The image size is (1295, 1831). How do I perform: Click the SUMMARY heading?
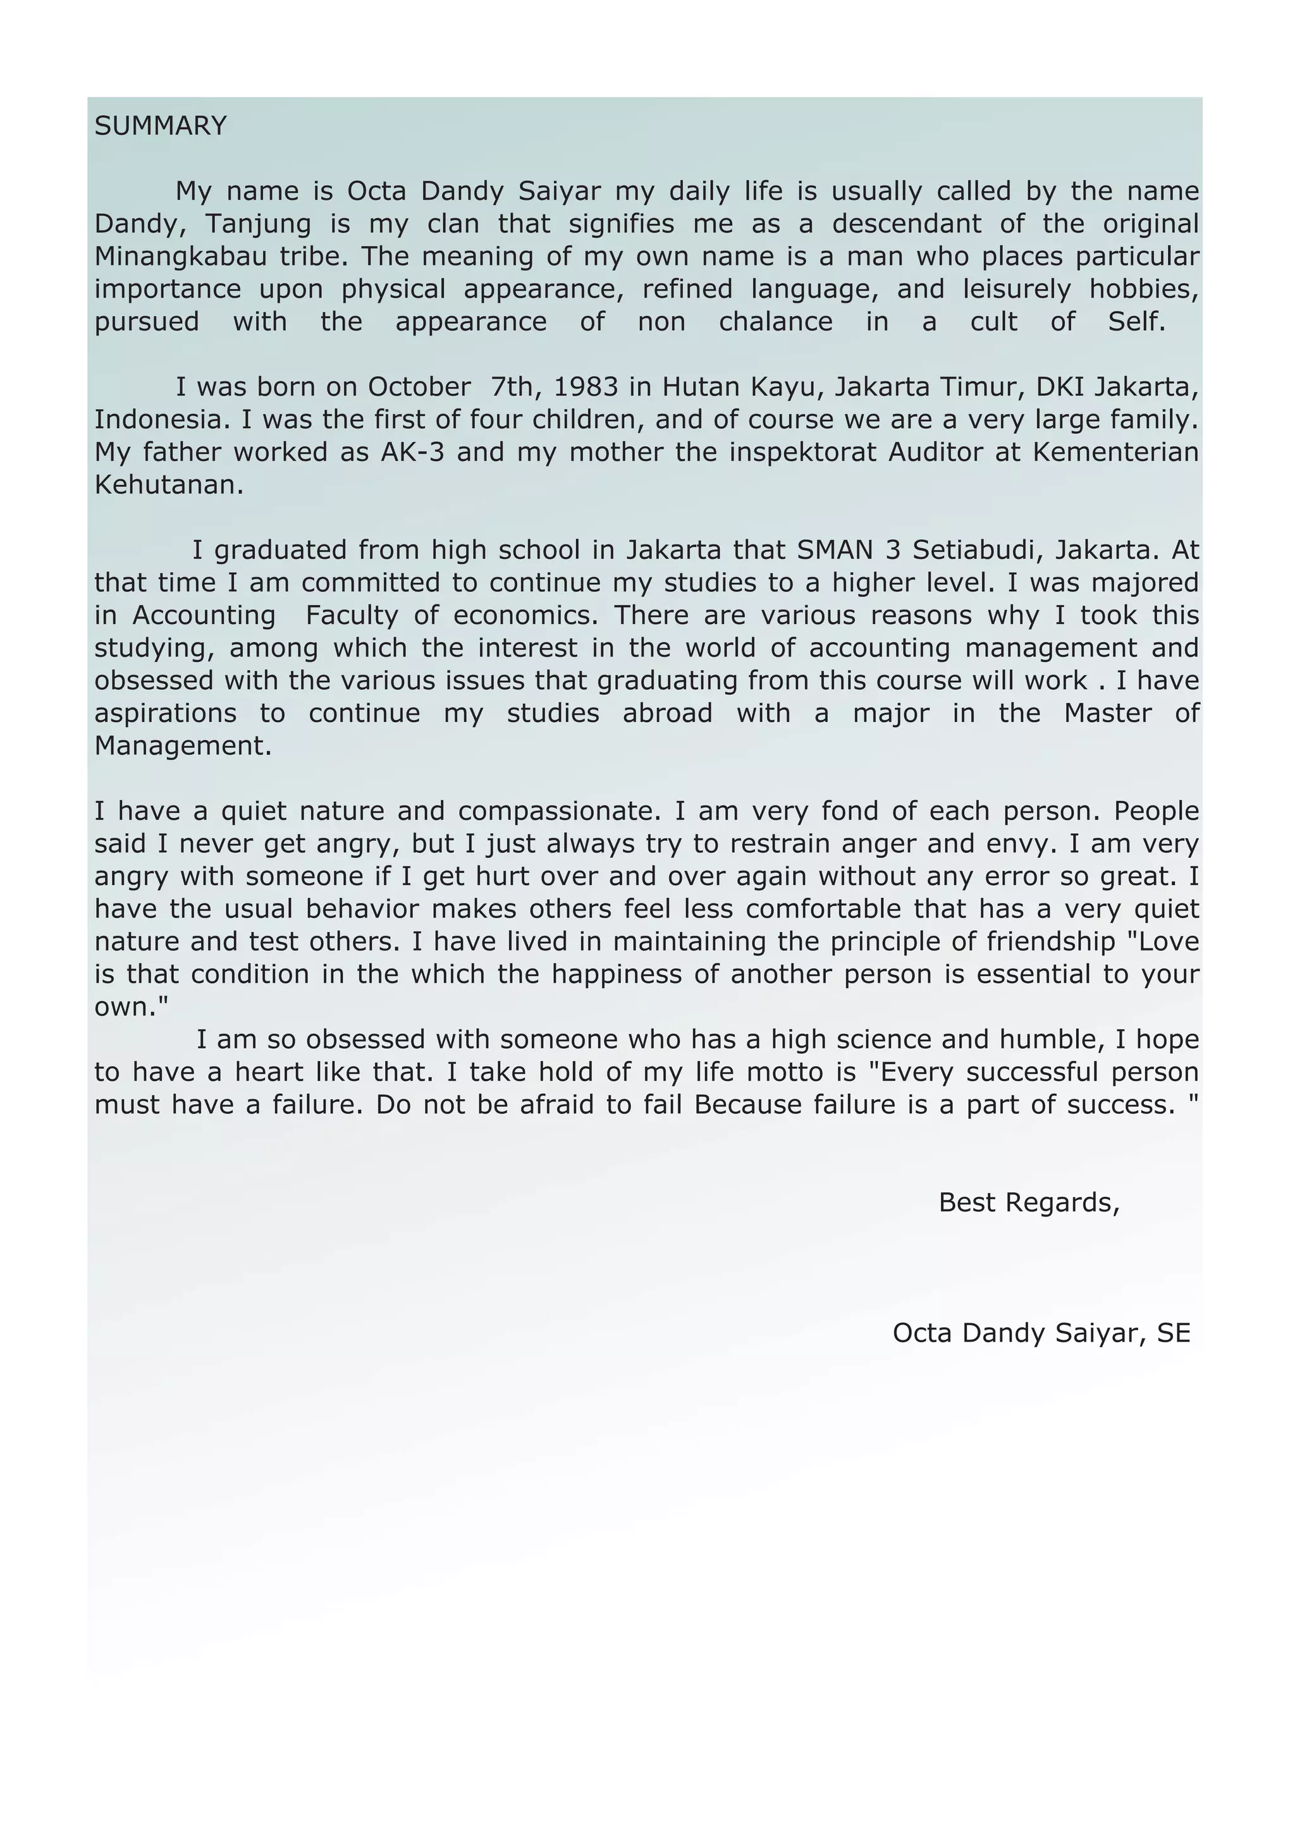(x=160, y=126)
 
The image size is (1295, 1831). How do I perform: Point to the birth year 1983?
(x=586, y=387)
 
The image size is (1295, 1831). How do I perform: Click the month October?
(x=419, y=387)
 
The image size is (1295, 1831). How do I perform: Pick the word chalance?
(x=775, y=322)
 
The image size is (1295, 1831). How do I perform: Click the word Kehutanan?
(x=169, y=485)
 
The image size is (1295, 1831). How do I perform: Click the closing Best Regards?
(x=1029, y=1203)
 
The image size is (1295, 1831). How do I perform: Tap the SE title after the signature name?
(x=1173, y=1333)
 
